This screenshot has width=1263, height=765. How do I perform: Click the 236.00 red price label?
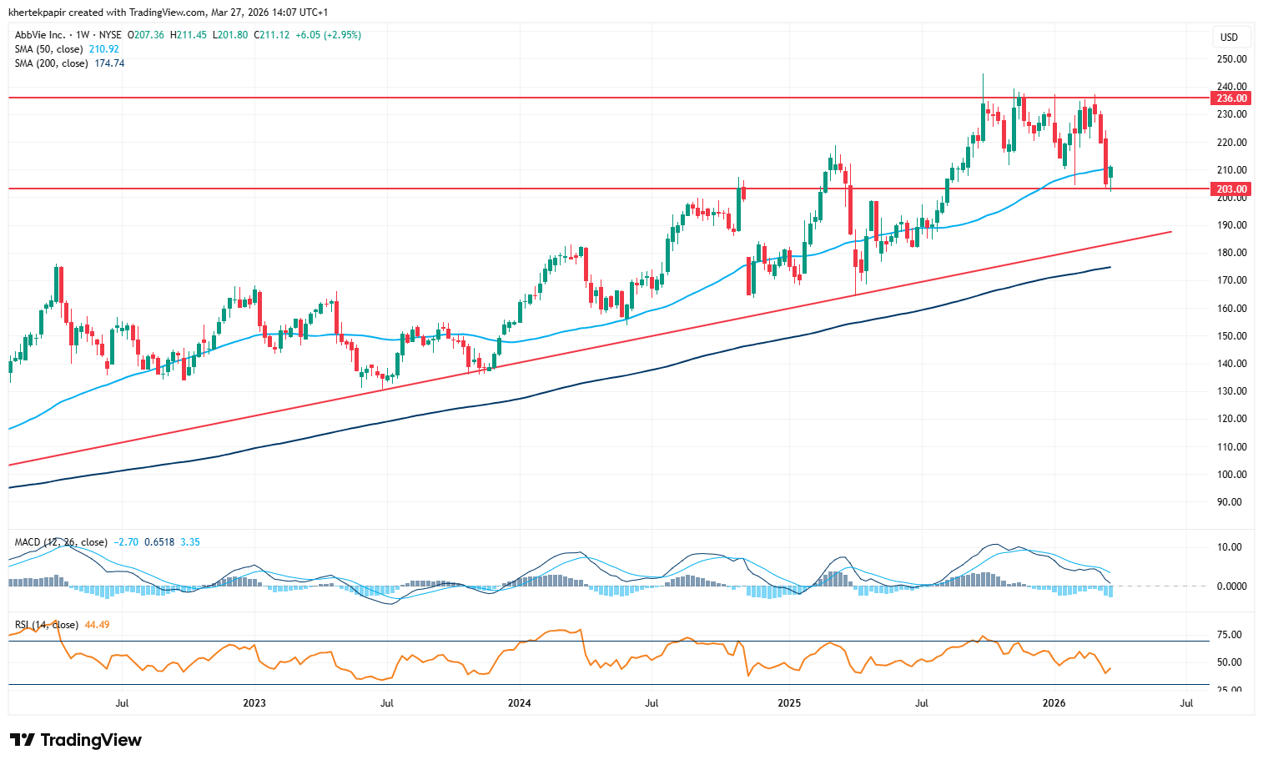pyautogui.click(x=1231, y=98)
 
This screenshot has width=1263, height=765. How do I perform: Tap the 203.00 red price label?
pyautogui.click(x=1231, y=189)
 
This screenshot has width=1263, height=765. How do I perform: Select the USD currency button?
pyautogui.click(x=1229, y=38)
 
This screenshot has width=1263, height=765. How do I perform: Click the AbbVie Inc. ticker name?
pyautogui.click(x=40, y=35)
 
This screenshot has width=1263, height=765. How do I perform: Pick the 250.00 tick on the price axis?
pyautogui.click(x=1231, y=59)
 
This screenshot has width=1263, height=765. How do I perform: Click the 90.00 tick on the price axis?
pyautogui.click(x=1229, y=502)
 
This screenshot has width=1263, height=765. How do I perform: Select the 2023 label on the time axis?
pyautogui.click(x=254, y=703)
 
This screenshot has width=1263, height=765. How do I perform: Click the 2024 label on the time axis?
pyautogui.click(x=519, y=703)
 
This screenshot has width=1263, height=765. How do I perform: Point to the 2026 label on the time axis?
pyautogui.click(x=1054, y=703)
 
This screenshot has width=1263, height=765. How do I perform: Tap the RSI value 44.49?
pyautogui.click(x=97, y=625)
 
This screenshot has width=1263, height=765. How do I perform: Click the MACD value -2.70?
pyautogui.click(x=128, y=542)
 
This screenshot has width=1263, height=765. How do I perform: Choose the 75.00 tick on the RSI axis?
pyautogui.click(x=1229, y=635)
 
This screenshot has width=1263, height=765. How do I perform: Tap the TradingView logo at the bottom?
pyautogui.click(x=76, y=740)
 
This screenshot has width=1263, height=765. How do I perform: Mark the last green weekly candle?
pyautogui.click(x=1110, y=172)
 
